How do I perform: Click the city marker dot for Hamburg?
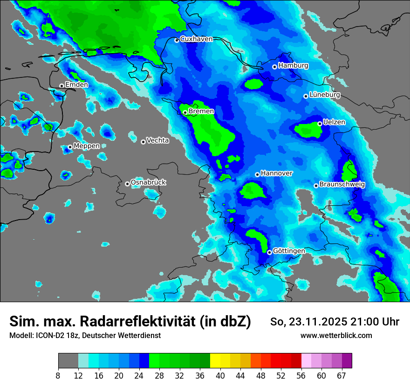(274, 67)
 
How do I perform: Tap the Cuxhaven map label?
(196, 39)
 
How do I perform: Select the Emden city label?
(76, 85)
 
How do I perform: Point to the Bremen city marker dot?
(185, 112)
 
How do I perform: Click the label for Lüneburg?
(325, 95)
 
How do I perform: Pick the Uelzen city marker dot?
(320, 124)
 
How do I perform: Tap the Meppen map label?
(87, 146)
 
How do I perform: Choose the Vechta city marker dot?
(143, 142)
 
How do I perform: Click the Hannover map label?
(277, 173)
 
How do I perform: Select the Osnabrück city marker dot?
(127, 184)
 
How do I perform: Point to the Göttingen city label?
(289, 251)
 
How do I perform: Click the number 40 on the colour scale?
(220, 375)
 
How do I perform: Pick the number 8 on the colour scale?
(58, 375)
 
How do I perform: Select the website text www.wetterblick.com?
(336, 336)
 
